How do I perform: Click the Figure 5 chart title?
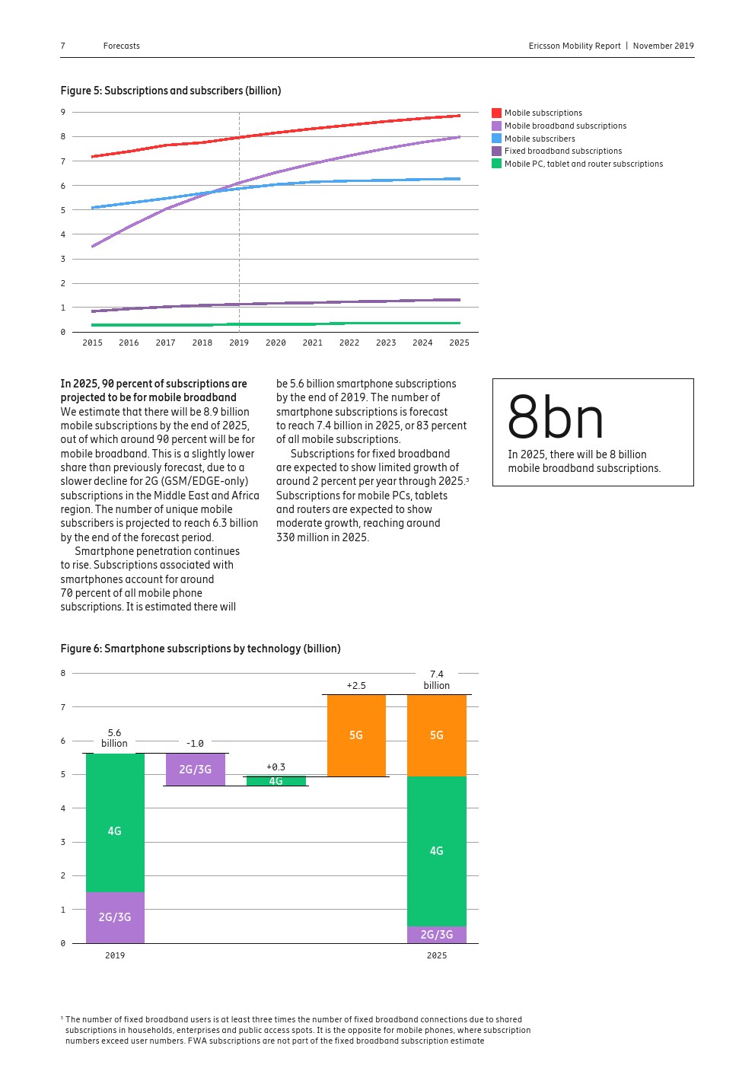[x=170, y=91]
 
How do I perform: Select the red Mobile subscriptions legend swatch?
[x=496, y=113]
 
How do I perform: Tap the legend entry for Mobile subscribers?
[x=540, y=139]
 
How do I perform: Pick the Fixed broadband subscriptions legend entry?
[x=562, y=151]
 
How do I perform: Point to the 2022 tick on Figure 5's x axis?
[x=349, y=343]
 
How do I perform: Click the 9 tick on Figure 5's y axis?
[x=63, y=112]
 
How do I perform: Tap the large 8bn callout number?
[x=556, y=418]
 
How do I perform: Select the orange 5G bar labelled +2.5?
[x=356, y=735]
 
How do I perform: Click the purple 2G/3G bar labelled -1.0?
[x=196, y=770]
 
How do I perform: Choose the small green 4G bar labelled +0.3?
[x=276, y=781]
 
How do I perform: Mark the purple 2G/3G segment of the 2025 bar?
[x=437, y=934]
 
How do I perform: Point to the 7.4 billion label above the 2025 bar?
[x=437, y=680]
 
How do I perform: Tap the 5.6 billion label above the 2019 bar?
[x=115, y=738]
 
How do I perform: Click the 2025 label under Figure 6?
[x=437, y=955]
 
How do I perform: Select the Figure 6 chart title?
[x=200, y=649]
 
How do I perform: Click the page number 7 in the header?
[x=63, y=46]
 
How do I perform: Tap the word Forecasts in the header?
[x=122, y=46]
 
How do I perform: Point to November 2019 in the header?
[x=663, y=46]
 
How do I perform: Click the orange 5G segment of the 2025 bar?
[x=437, y=735]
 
